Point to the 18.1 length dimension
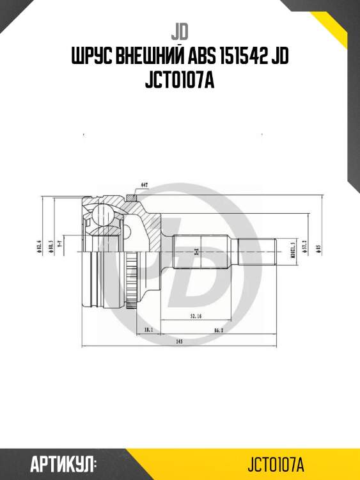(x=148, y=330)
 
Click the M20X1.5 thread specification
(x=292, y=247)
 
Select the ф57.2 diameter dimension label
(x=306, y=247)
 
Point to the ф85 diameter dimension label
(x=317, y=246)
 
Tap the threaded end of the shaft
(x=257, y=248)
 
